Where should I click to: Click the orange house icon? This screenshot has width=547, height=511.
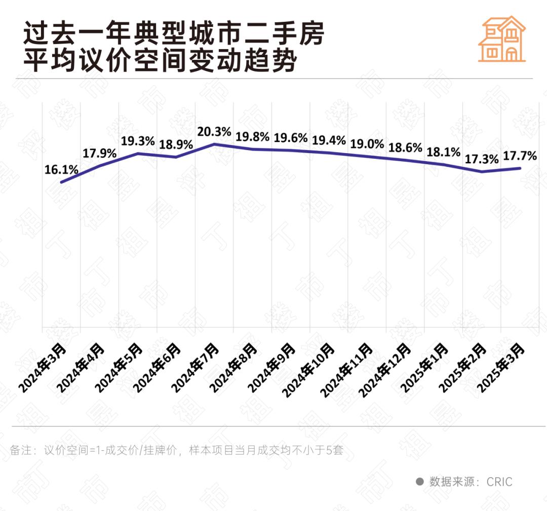[502, 39]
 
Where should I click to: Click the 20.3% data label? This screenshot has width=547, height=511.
[214, 132]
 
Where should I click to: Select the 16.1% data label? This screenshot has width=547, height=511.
[61, 170]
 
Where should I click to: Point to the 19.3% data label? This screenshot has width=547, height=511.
[137, 141]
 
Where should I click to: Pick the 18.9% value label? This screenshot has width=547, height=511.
[176, 144]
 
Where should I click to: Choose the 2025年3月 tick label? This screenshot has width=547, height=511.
[501, 368]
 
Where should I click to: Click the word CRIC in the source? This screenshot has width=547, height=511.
[499, 482]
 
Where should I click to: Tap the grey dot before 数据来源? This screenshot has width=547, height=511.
[419, 481]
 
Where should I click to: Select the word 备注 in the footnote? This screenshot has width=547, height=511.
[21, 451]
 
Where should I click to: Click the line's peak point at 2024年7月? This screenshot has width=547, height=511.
[214, 144]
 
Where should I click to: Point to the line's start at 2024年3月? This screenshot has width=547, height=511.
[61, 182]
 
